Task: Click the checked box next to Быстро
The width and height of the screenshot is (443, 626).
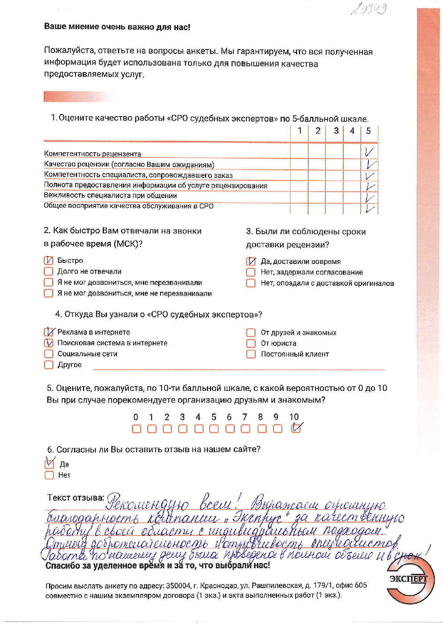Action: (48, 261)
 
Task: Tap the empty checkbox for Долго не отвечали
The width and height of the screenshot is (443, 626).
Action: (48, 271)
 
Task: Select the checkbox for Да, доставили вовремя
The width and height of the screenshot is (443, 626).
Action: (251, 261)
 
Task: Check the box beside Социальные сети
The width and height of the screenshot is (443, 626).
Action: (48, 354)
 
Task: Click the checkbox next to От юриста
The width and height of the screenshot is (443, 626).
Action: (251, 343)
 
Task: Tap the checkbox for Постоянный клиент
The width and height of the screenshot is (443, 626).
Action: (251, 354)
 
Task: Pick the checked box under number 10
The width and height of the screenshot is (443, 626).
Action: (296, 429)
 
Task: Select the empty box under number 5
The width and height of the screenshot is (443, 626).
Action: (214, 429)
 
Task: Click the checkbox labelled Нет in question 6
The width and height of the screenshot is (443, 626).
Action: (49, 475)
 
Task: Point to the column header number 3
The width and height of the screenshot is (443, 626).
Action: (336, 131)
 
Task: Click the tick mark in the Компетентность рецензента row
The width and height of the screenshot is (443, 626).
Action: (369, 152)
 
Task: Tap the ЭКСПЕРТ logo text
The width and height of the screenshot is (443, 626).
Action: (408, 579)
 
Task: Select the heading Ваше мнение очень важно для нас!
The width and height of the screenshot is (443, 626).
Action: (117, 27)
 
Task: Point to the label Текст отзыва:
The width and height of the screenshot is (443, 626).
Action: (76, 498)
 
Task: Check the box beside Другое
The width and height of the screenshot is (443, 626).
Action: (48, 365)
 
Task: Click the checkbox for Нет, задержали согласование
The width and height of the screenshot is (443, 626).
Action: (251, 272)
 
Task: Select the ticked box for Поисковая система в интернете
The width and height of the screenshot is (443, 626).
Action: (48, 343)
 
